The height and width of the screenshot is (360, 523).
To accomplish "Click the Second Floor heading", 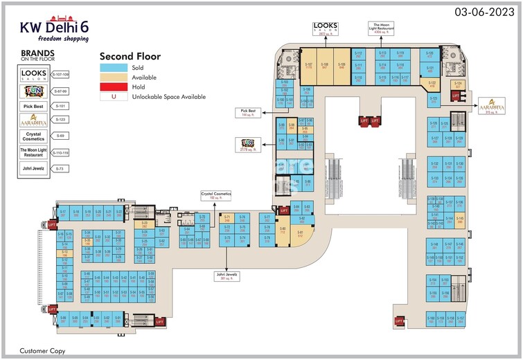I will (130, 56).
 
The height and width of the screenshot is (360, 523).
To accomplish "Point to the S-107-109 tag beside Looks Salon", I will (66, 73).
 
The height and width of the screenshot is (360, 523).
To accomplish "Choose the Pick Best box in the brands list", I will (34, 106).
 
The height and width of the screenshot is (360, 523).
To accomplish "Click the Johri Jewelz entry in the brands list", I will (34, 167).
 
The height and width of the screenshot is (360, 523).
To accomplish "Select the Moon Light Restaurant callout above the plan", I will (382, 27).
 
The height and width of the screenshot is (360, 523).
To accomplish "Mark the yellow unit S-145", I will (460, 220).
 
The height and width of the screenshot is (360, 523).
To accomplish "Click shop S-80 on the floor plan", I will (282, 231).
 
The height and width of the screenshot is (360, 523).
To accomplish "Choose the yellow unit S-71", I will (226, 219).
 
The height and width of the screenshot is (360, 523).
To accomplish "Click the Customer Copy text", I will (42, 351).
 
